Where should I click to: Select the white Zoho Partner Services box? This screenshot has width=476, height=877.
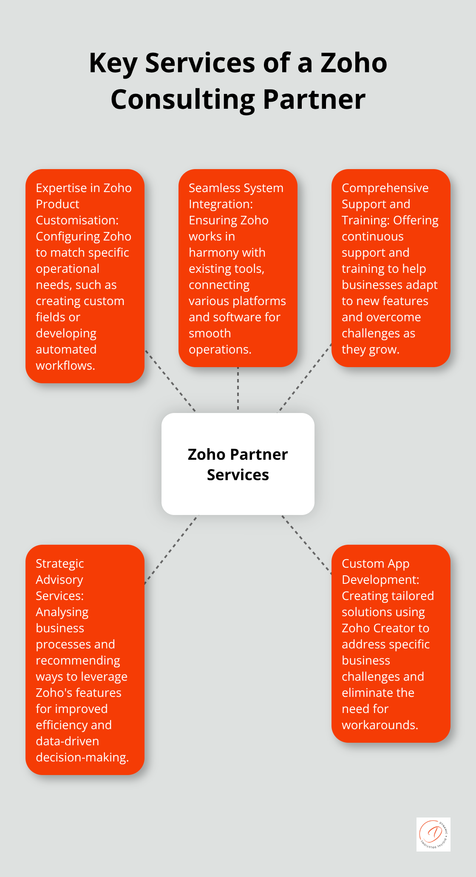point(238,464)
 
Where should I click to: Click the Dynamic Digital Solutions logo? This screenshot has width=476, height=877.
point(433,835)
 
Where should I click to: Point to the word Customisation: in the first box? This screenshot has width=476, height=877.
point(77,220)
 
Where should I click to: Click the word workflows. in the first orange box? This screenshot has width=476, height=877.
point(65,365)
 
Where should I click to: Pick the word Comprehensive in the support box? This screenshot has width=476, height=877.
point(385,188)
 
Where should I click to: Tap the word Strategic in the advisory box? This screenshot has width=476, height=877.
point(60,564)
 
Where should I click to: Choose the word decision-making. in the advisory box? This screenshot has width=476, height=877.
point(82,758)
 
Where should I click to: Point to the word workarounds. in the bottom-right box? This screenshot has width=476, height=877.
point(380,725)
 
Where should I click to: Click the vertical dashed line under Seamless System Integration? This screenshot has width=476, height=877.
point(238,388)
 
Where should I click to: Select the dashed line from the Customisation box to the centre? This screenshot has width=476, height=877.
point(170,381)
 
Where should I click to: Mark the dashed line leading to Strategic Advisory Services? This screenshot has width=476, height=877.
point(172,550)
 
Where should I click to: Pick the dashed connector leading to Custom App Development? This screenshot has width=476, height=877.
point(306,545)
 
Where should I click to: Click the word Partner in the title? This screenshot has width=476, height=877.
point(314,100)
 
